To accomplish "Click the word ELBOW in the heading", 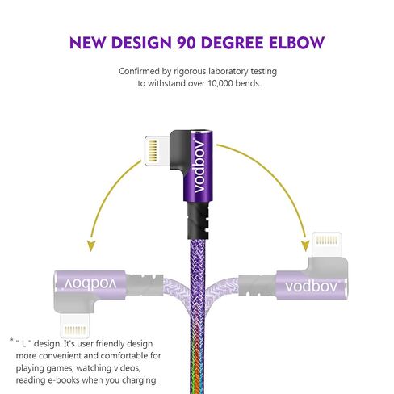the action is point(297,43).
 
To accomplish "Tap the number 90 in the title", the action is point(186,43).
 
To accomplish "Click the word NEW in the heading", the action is point(87,43).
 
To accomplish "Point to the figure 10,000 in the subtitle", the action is point(220,83).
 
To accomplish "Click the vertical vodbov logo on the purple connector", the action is point(199,166).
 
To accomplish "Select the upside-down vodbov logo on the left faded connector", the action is point(90,284).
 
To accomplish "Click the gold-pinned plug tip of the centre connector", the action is point(157,151).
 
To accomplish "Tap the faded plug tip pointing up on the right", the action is point(327,245).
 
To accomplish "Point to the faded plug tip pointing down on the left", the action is point(75,326).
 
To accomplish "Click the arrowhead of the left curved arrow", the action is point(91,245).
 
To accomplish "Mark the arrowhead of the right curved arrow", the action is point(305,245).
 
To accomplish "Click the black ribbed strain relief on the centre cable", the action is point(198,220).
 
